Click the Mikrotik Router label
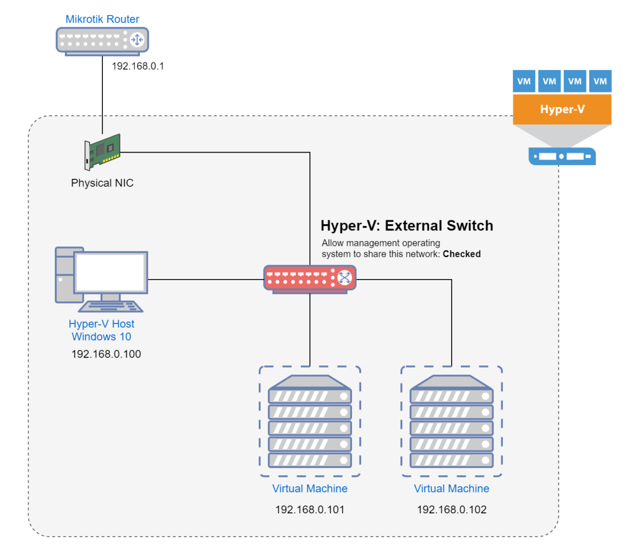pyautogui.click(x=102, y=19)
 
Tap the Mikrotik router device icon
pyautogui.click(x=102, y=40)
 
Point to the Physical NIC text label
pyautogui.click(x=102, y=183)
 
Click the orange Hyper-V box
pyautogui.click(x=562, y=109)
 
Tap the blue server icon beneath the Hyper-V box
pyautogui.click(x=562, y=156)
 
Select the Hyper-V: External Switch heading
pyautogui.click(x=406, y=226)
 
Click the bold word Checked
pyautogui.click(x=461, y=254)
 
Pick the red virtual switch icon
pyautogui.click(x=309, y=277)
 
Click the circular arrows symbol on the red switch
pyautogui.click(x=345, y=277)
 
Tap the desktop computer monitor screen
pyautogui.click(x=110, y=273)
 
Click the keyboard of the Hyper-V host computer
pyautogui.click(x=110, y=307)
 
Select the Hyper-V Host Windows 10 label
pyautogui.click(x=101, y=330)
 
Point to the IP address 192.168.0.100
pyautogui.click(x=106, y=354)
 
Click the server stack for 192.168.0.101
pyautogui.click(x=310, y=421)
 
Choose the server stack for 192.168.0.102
pyautogui.click(x=452, y=421)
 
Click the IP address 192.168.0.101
pyautogui.click(x=310, y=510)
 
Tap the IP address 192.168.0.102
pyautogui.click(x=452, y=510)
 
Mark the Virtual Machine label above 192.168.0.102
pyautogui.click(x=452, y=489)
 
